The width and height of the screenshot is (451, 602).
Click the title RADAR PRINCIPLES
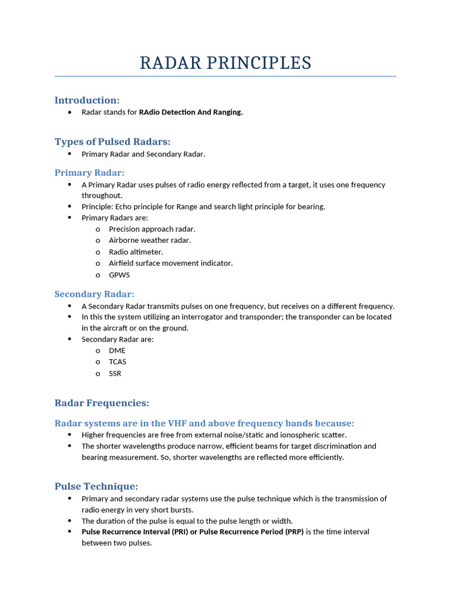(x=225, y=63)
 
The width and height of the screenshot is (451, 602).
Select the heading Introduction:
(x=87, y=100)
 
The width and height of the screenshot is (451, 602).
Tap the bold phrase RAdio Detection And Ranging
(x=191, y=112)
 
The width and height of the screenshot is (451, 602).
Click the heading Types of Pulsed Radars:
(x=112, y=142)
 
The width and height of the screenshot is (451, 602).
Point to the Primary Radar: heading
(x=89, y=172)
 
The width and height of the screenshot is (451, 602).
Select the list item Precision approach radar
(x=152, y=229)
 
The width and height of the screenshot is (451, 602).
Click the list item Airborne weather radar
(x=150, y=240)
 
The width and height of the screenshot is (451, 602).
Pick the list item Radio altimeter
(x=136, y=252)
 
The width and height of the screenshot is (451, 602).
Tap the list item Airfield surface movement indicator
(x=171, y=263)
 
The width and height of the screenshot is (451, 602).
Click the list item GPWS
(x=119, y=275)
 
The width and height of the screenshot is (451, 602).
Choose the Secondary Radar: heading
(x=94, y=294)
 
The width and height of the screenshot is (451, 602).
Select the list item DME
(x=117, y=350)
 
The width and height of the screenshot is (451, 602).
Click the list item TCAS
(x=117, y=362)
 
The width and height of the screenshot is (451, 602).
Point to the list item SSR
(x=115, y=373)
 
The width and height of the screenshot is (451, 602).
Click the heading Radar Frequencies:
(x=102, y=403)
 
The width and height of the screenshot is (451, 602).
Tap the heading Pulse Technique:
(x=96, y=486)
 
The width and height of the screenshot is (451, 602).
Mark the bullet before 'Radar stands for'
(x=70, y=112)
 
